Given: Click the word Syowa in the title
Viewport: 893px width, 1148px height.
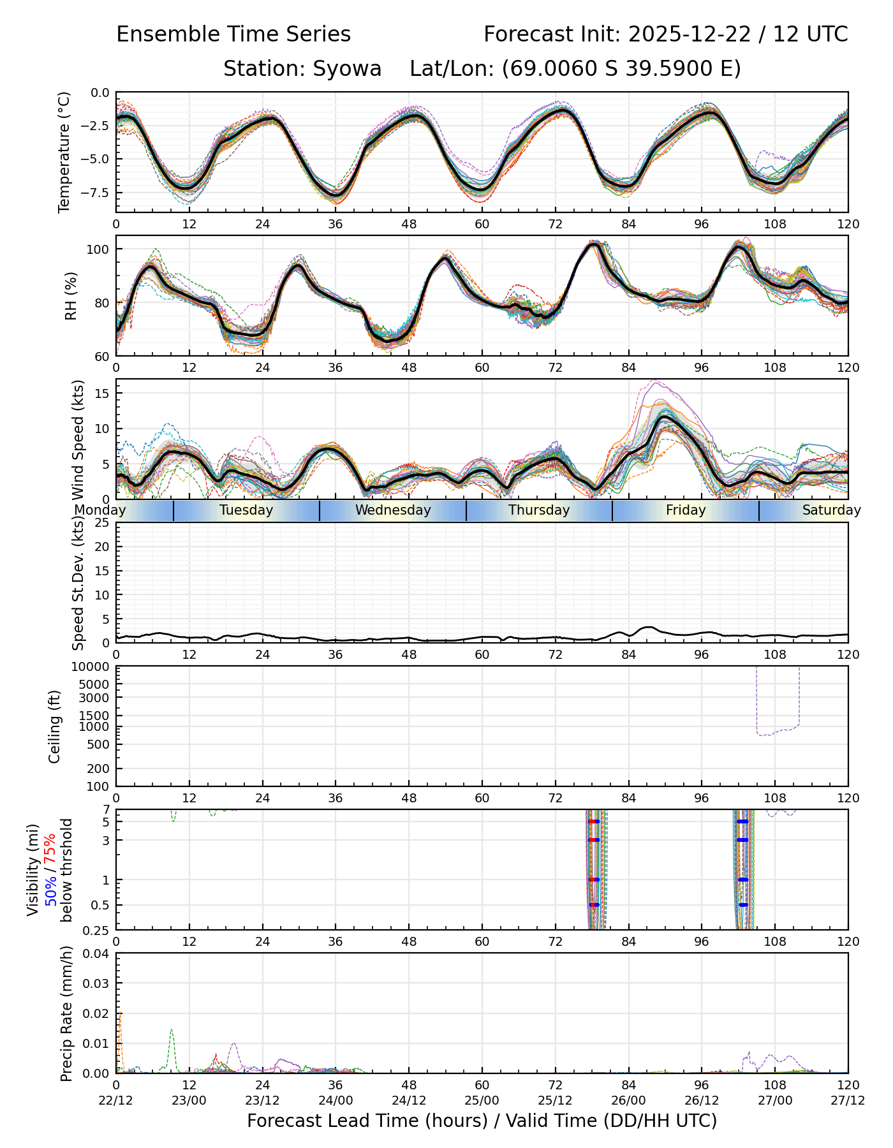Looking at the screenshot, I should (x=347, y=68).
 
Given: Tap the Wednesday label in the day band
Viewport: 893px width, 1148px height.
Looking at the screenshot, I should (x=393, y=510).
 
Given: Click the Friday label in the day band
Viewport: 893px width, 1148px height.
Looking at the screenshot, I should (x=686, y=510).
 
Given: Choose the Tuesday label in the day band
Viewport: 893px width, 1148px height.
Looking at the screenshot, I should (x=246, y=510).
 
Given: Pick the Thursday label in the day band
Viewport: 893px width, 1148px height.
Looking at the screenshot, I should (x=539, y=510).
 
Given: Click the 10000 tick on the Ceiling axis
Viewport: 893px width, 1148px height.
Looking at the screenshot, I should (x=92, y=667).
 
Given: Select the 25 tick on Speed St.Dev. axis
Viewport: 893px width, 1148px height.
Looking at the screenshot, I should (x=101, y=523).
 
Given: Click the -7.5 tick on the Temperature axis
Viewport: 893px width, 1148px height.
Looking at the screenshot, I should (x=94, y=193).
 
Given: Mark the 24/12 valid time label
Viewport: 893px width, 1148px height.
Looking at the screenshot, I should (x=409, y=1100).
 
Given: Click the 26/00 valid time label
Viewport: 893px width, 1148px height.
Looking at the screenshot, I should (x=629, y=1100).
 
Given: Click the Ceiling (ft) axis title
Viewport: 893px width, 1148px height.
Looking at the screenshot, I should (x=55, y=726).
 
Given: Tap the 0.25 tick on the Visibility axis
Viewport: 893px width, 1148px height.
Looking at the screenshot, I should (x=96, y=930).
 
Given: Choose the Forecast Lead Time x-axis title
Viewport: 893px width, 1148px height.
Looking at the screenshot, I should (x=482, y=1121).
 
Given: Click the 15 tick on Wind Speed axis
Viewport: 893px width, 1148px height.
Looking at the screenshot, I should (x=101, y=394).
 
